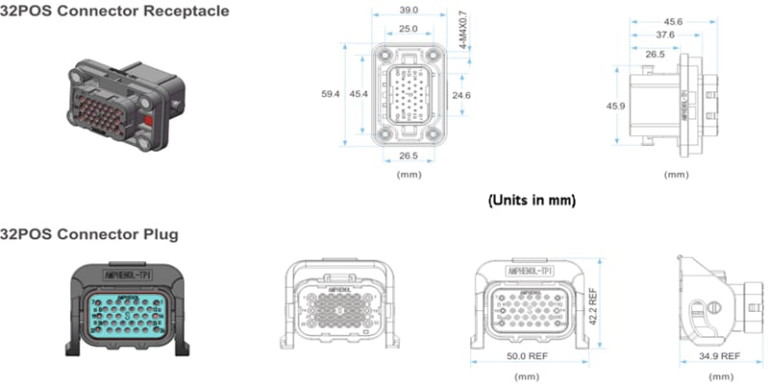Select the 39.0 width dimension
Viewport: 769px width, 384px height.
409,11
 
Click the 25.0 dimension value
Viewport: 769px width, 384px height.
409,30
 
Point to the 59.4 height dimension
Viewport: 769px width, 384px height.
330,94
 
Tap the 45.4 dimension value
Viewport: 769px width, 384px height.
359,94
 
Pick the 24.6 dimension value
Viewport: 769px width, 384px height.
461,95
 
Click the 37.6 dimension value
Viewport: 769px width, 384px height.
665,36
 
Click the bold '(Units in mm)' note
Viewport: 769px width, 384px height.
531,200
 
